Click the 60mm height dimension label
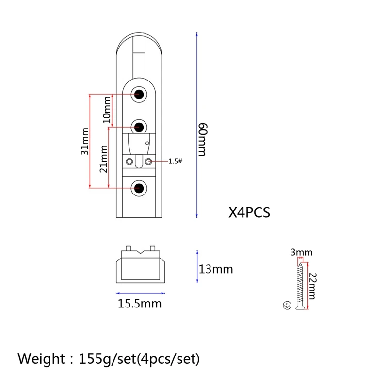[x=202, y=140]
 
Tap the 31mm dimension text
[x=84, y=141]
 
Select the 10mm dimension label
[x=107, y=110]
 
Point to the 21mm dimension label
[x=103, y=159]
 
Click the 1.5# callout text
[x=175, y=162]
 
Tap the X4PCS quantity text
[x=249, y=212]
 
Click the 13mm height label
[x=216, y=269]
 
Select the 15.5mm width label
[x=140, y=304]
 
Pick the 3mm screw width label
[x=301, y=252]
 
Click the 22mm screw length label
[x=313, y=286]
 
